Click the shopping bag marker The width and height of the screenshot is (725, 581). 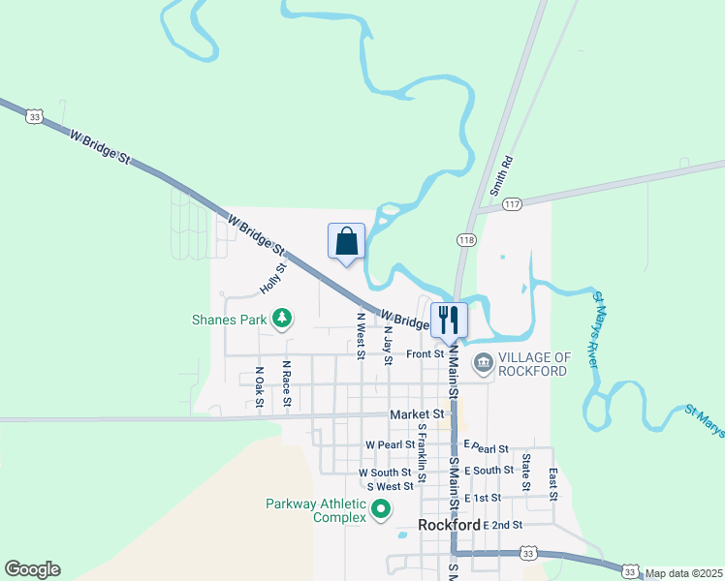347,243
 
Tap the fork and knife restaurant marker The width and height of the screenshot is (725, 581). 449,319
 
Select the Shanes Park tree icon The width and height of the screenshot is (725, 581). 282,318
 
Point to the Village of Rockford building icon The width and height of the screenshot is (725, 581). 483,363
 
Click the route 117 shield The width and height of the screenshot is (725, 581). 513,204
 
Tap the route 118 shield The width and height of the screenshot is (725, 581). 465,238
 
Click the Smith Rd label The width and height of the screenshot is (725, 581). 501,177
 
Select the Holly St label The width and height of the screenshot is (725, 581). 272,279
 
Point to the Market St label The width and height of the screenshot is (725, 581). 416,414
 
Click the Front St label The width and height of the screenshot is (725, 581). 425,354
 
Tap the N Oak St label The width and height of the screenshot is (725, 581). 259,387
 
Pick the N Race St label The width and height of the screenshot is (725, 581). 287,384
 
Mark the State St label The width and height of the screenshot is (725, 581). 526,471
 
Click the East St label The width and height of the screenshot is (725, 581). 552,483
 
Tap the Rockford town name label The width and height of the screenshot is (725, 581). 450,525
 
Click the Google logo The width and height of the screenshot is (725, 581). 32,569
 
